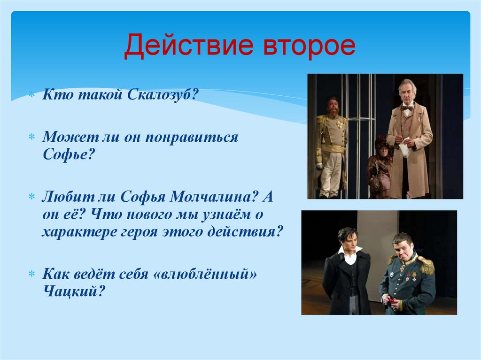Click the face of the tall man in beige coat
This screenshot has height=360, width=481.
pyautogui.click(x=407, y=92)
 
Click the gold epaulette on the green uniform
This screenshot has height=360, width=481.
pyautogui.click(x=426, y=265)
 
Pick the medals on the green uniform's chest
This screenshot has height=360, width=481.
pyautogui.click(x=408, y=276)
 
